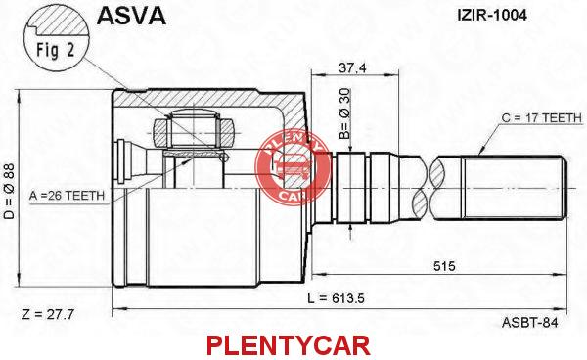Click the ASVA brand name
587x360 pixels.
[131, 16]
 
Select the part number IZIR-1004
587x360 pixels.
[492, 15]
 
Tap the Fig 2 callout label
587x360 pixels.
[56, 50]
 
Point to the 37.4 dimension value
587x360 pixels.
[352, 67]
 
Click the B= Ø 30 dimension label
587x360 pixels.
[345, 113]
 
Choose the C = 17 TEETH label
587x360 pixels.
[542, 118]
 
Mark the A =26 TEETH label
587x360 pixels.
[67, 196]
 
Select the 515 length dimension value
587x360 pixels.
[444, 266]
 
